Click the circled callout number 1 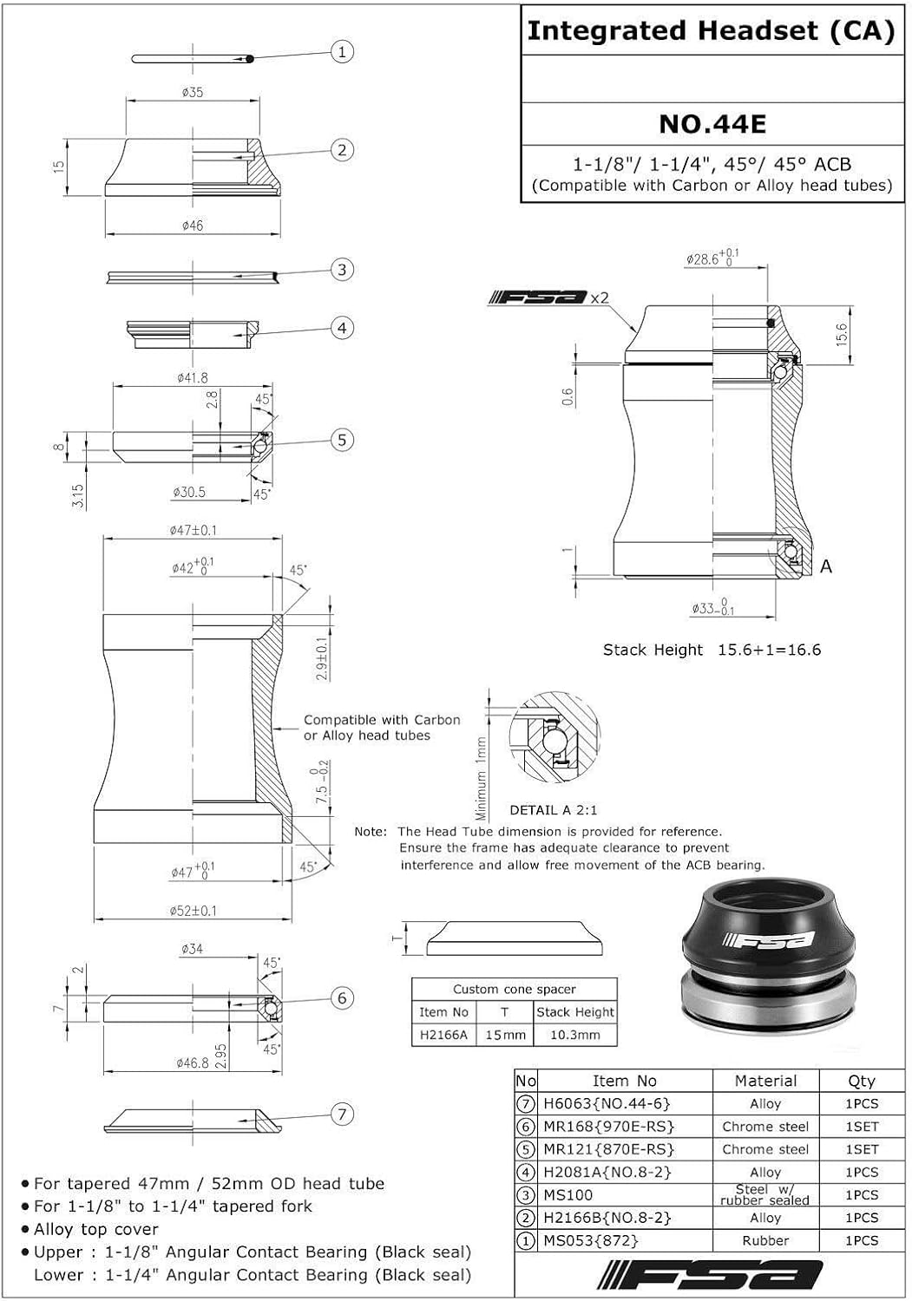342,52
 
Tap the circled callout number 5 342,440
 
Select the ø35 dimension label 193,91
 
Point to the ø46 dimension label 193,226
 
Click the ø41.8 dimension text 192,377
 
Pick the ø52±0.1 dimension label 194,911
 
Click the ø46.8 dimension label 193,1062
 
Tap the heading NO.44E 712,124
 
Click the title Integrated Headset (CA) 711,32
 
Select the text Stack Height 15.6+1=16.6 712,650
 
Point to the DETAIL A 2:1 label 554,810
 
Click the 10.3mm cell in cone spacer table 574,1035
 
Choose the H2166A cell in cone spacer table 443,1035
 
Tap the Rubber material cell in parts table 765,1240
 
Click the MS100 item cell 568,1195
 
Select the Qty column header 861,1081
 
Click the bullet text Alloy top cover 95,1229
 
